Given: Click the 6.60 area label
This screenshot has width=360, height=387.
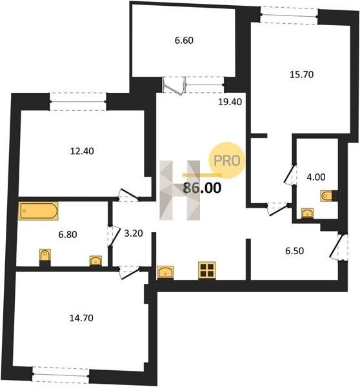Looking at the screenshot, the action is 184,40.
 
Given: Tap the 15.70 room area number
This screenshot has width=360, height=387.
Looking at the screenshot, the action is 301,74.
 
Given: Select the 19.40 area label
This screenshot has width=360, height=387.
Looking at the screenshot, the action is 230,102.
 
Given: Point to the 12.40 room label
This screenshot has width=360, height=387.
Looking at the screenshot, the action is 82,151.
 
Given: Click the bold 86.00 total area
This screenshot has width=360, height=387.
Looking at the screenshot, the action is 202,188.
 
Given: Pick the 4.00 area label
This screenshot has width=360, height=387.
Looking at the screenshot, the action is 315,177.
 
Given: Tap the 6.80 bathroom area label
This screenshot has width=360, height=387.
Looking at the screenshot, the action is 68,234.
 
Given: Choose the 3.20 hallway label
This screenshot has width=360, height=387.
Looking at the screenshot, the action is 134,233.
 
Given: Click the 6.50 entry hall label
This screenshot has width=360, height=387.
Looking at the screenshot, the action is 294,251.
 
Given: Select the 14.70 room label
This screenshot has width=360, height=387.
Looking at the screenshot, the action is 81,318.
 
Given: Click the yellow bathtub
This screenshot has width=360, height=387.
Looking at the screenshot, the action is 38,211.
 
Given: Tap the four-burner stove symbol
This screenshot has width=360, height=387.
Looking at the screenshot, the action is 207,270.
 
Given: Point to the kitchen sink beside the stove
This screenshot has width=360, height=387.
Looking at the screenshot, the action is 165,272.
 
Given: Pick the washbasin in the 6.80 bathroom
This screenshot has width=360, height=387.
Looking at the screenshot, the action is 95,261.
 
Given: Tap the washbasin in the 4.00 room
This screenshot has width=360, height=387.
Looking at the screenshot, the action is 307,213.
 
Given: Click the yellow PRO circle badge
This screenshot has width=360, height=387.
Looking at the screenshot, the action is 227,160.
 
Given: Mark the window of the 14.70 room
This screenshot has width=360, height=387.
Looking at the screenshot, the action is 61,375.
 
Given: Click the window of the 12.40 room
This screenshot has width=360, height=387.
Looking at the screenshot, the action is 78,101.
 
